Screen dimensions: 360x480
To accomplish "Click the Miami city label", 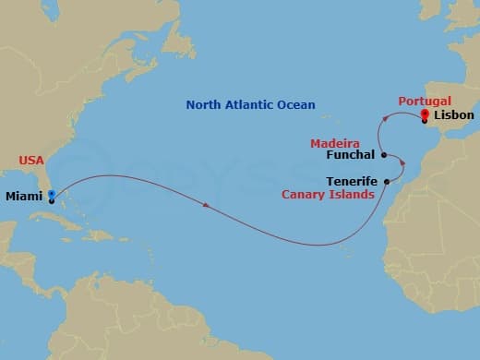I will (x=24, y=196).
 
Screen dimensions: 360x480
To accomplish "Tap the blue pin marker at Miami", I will (x=52, y=195).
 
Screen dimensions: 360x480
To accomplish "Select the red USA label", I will (x=31, y=161).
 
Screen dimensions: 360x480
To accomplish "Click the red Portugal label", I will (x=425, y=101).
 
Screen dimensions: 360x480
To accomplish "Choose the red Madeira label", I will (x=334, y=143).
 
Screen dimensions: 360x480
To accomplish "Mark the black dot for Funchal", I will (x=383, y=155).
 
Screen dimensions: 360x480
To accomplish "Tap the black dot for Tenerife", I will (x=386, y=182).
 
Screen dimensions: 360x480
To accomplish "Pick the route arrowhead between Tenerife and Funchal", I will (x=402, y=163).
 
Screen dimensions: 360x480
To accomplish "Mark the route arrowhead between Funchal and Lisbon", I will (x=386, y=118).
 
